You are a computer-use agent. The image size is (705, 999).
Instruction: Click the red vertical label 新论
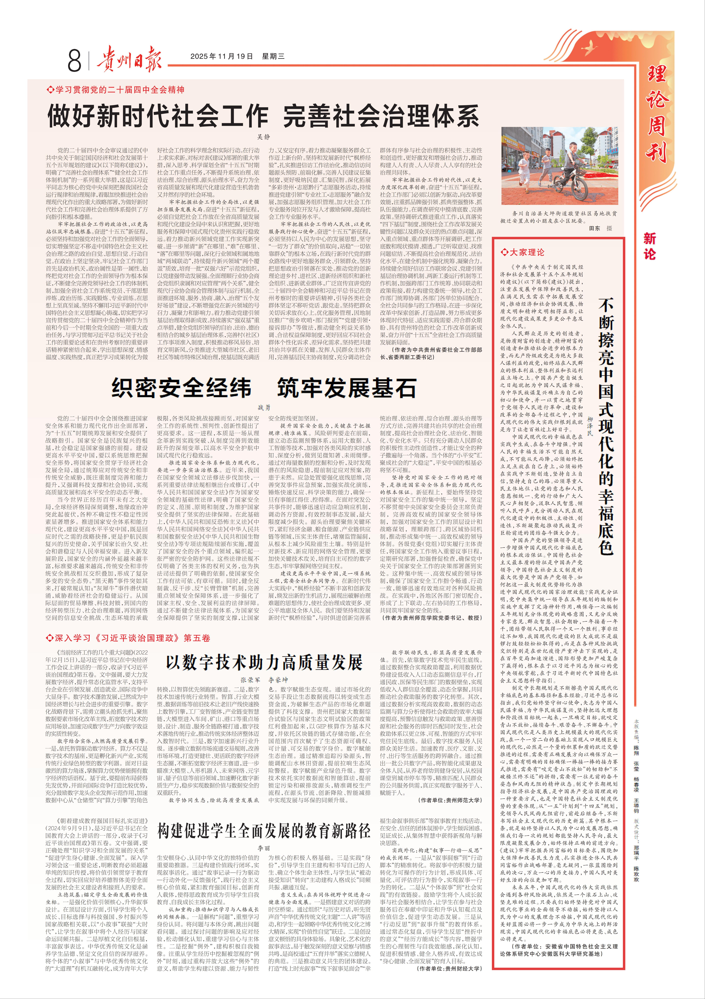(x=649, y=246)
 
